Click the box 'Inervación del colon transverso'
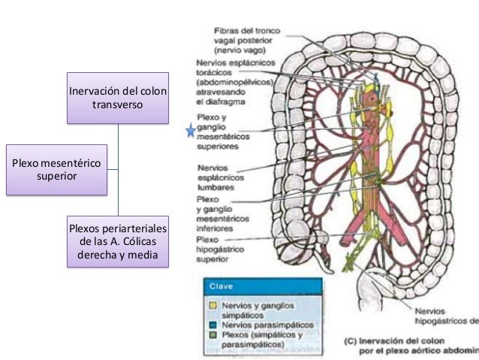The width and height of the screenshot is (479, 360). [x=118, y=98]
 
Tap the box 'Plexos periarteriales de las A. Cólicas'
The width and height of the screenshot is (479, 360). [x=118, y=243]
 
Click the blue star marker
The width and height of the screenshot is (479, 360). [x=190, y=132]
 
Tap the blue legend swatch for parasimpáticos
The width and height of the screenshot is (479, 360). [x=213, y=324]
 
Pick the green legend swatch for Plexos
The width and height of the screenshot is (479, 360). [x=213, y=334]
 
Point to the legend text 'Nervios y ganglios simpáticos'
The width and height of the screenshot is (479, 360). [x=259, y=309]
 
